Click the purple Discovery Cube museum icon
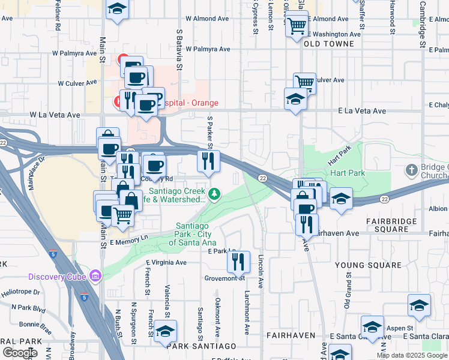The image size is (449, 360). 95,276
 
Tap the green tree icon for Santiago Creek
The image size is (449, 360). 214,193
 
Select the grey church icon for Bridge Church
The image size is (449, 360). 411,171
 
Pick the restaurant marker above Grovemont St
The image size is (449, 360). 238,262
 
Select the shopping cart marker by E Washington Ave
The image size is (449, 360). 297,25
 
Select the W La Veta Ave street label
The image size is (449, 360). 55,115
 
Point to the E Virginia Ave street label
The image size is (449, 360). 166,262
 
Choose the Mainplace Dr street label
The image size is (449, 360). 35,174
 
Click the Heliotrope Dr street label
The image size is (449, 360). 23,292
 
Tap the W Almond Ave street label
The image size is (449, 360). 208,19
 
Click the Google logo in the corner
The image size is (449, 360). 20,353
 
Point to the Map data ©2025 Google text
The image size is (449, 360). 412,355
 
